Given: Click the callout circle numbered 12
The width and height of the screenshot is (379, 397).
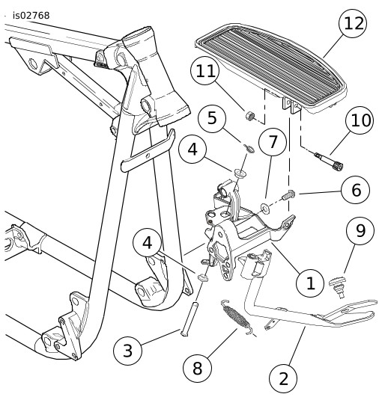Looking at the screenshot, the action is pos(353,23).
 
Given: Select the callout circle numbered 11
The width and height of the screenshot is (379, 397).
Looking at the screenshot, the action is pos(204,70).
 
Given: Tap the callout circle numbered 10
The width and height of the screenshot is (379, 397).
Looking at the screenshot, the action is pos(360,120).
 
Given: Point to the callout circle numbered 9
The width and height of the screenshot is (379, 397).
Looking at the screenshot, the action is pos(360,230).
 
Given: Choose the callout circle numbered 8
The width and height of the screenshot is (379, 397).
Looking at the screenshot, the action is pos(197,368).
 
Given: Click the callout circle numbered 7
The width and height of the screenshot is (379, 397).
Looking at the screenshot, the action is pos(273,142).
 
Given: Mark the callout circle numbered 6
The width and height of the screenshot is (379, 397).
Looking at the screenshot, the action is pos(356,190).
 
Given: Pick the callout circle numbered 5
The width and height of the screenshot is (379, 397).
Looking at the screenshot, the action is pos(212,118).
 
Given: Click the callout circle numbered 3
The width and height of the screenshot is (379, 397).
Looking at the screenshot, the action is pos(127,351).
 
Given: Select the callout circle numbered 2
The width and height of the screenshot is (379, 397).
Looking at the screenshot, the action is pos(283,378).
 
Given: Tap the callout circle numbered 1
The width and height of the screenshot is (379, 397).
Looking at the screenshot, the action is pos(310,283).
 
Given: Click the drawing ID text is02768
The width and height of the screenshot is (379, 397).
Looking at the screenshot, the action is pos(31,16).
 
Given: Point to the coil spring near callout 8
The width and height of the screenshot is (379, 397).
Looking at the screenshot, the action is pos(237,317).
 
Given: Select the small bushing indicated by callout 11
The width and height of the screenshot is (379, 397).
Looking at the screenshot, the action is pos(250,116).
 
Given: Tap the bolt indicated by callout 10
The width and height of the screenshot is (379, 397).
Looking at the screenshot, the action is pos(329,161).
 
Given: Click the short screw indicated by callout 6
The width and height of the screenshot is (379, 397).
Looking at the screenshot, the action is pos(288,195).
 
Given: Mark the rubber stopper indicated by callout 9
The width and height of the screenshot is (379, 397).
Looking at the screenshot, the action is pos(338,286).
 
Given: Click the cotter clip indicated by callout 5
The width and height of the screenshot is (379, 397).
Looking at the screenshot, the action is pos(249,148).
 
